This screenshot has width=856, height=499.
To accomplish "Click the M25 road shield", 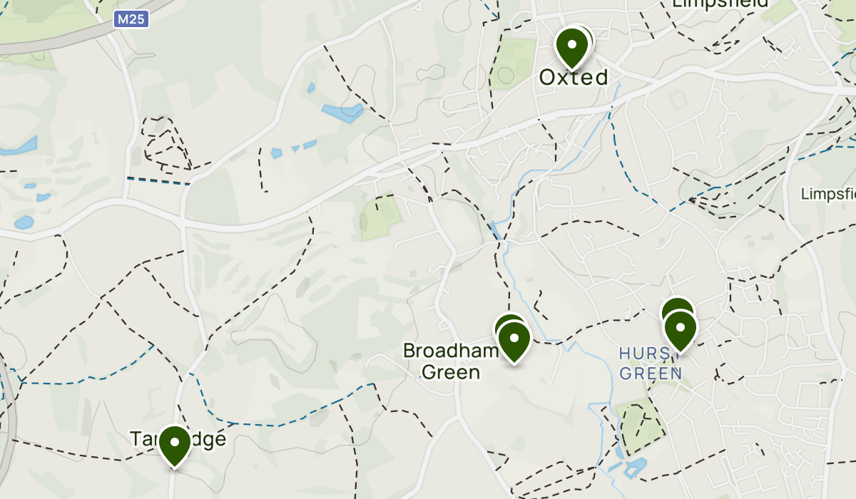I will [131, 19].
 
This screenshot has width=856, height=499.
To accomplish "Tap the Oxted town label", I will [574, 77].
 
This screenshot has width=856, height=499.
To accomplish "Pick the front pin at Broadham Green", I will [514, 341].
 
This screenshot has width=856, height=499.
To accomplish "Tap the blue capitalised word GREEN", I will [651, 373].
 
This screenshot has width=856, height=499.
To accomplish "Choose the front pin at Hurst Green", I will [681, 329].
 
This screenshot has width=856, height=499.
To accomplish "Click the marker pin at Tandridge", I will [174, 443].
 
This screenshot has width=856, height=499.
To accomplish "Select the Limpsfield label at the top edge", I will [720, 4].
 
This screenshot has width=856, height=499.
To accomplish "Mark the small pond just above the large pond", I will [311, 89].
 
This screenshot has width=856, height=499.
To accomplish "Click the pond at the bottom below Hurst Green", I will [632, 467].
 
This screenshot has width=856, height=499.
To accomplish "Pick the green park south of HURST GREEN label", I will [640, 424].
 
